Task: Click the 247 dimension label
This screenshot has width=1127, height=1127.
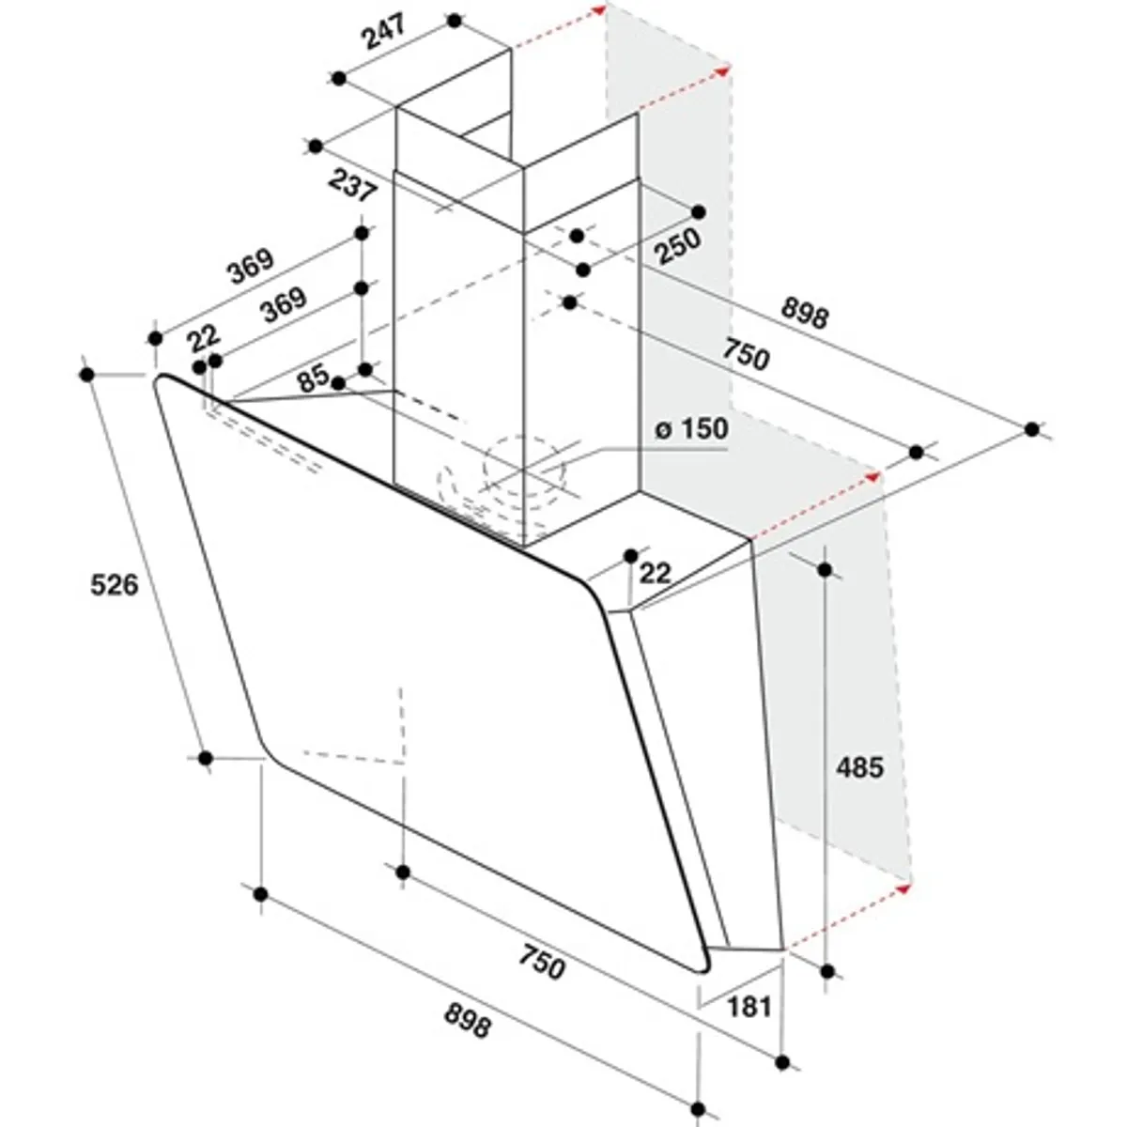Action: tap(384, 32)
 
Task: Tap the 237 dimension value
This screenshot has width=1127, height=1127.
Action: tap(352, 185)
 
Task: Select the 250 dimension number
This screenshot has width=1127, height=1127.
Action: tap(677, 246)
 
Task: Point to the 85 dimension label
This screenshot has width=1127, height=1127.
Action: tap(314, 379)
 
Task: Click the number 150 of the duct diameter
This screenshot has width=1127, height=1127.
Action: tap(702, 428)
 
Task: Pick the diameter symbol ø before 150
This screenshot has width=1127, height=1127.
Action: tap(662, 430)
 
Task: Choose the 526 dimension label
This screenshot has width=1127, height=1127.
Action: tap(115, 584)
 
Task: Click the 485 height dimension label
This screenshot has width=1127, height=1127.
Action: tap(859, 767)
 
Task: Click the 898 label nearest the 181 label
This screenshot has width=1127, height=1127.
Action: tap(468, 1021)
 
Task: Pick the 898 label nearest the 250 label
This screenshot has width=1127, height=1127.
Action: tap(805, 313)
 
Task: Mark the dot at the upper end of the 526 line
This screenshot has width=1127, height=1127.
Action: tap(87, 375)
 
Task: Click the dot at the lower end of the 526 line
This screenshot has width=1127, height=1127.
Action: tap(206, 758)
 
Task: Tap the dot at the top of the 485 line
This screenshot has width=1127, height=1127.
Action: tap(826, 569)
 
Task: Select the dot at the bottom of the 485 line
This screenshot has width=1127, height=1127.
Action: tap(827, 971)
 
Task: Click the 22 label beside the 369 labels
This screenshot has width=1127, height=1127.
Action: tap(204, 338)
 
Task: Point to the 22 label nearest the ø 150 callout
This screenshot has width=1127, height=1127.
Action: tap(655, 573)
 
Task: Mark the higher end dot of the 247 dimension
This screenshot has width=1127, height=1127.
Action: tap(455, 21)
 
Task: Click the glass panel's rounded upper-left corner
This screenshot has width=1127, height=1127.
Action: tap(161, 380)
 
